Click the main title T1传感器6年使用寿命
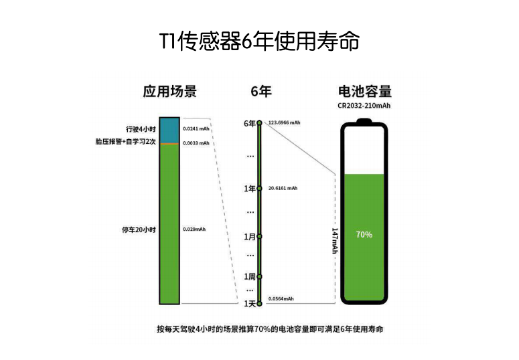(x=260, y=41)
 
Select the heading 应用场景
(x=170, y=91)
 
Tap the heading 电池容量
(x=365, y=91)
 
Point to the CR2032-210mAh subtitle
(x=364, y=106)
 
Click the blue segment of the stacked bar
(x=169, y=130)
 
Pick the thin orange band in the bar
(x=169, y=144)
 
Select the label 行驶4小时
(x=141, y=129)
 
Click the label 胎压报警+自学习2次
(x=125, y=142)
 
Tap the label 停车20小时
(x=139, y=230)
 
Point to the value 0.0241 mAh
(x=196, y=128)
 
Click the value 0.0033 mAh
(x=196, y=143)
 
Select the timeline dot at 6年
(x=260, y=123)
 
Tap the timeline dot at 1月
(x=260, y=237)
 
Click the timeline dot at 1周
(x=260, y=276)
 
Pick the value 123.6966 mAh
(x=285, y=122)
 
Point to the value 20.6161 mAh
(x=283, y=188)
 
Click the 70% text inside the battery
(x=364, y=235)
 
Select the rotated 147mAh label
(x=335, y=240)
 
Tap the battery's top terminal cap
(x=364, y=120)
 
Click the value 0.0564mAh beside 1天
(x=281, y=299)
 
